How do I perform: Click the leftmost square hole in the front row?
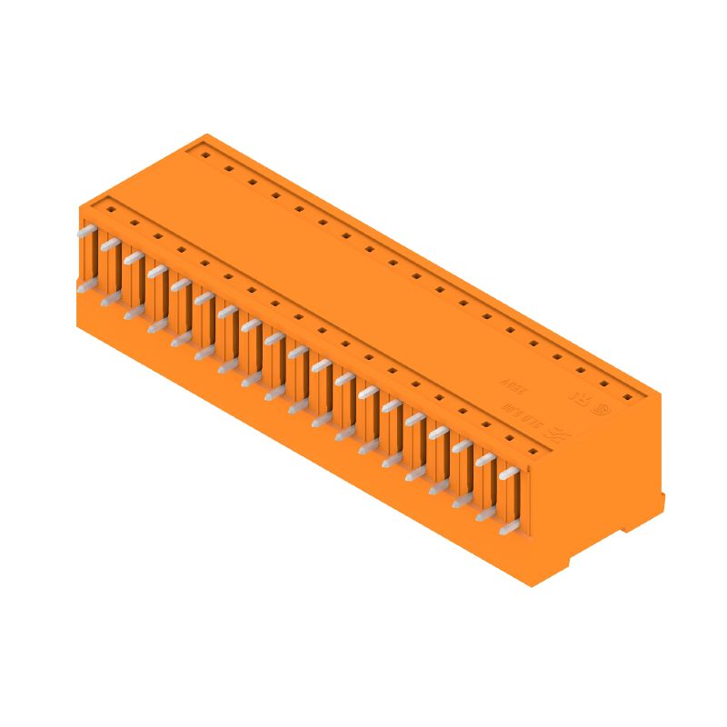pyautogui.click(x=111, y=210)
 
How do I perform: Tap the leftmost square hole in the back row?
pyautogui.click(x=205, y=155)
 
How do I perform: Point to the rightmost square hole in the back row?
pyautogui.click(x=627, y=397)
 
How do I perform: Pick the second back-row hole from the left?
pyautogui.click(x=229, y=169)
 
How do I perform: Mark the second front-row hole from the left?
pyautogui.click(x=134, y=224)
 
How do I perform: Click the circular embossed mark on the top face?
pyautogui.click(x=600, y=409)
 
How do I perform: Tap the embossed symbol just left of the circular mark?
pyautogui.click(x=577, y=396)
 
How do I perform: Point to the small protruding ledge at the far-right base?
pyautogui.click(x=662, y=502)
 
